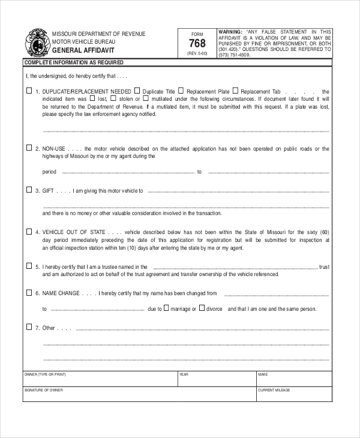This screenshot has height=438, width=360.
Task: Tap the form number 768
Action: pyautogui.click(x=197, y=44)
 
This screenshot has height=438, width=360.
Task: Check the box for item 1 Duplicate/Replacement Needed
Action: pyautogui.click(x=29, y=91)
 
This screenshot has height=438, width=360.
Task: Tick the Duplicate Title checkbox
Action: pyautogui.click(x=138, y=91)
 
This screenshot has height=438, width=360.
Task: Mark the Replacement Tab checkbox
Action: pyautogui.click(x=235, y=91)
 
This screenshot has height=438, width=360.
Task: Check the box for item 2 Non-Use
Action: pyautogui.click(x=29, y=148)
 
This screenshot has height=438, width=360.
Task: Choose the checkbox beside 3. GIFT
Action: pyautogui.click(x=29, y=190)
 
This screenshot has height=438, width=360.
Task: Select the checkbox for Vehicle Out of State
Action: pyautogui.click(x=29, y=231)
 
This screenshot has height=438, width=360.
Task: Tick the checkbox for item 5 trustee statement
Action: pyautogui.click(x=29, y=266)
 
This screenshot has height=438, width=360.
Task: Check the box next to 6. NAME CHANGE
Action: pyautogui.click(x=29, y=293)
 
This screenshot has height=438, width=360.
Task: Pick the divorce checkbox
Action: pyautogui.click(x=202, y=308)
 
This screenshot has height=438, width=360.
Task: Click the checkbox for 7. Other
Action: pyautogui.click(x=29, y=328)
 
